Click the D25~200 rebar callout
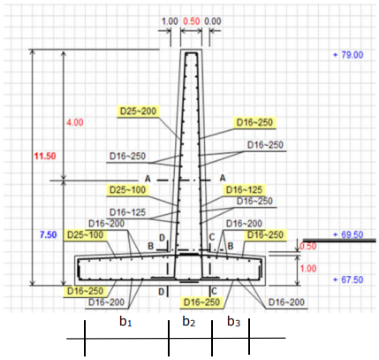pyautogui.click(x=138, y=111)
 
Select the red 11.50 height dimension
pyautogui.click(x=45, y=156)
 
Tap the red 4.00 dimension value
pyautogui.click(x=75, y=123)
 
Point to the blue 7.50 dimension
pyautogui.click(x=49, y=234)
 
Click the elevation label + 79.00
pyautogui.click(x=348, y=55)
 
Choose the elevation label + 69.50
pyautogui.click(x=348, y=235)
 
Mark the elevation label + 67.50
pyautogui.click(x=348, y=280)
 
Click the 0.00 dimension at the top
pyautogui.click(x=213, y=21)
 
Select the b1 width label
pyautogui.click(x=125, y=321)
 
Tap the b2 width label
pyautogui.click(x=189, y=321)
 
